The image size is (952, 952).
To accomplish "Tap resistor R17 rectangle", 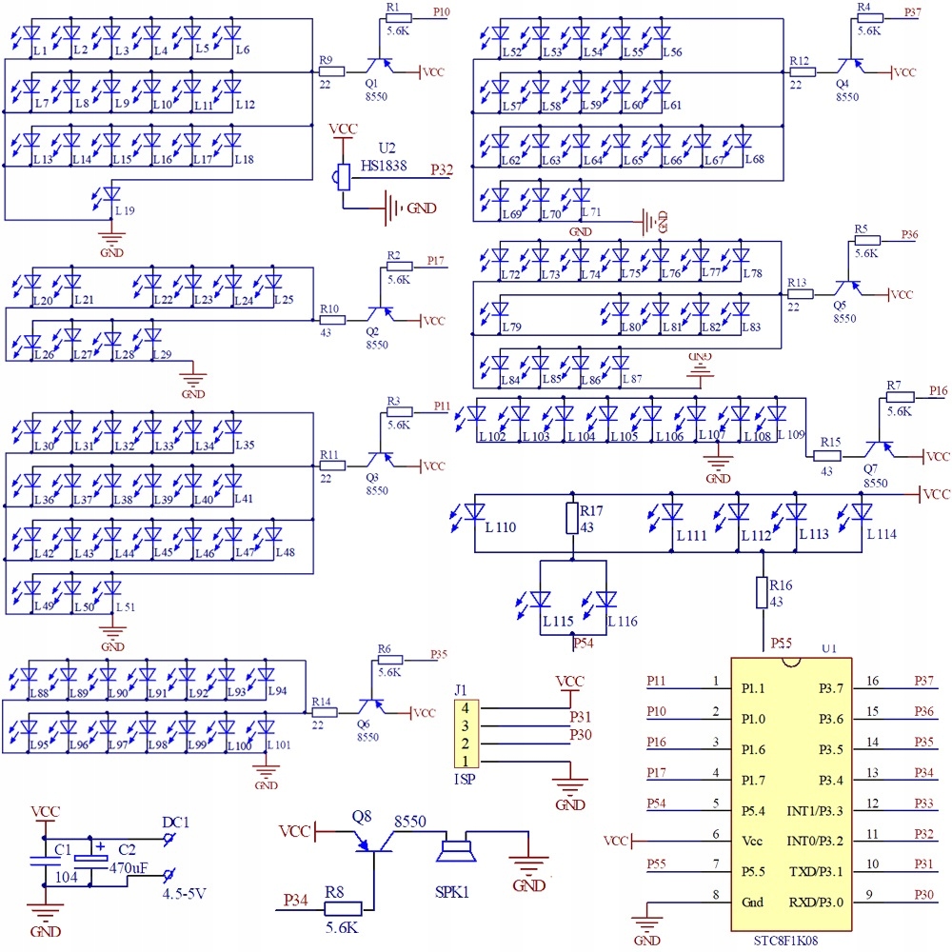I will [572, 519].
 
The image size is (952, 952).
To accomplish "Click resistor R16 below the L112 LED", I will [762, 593].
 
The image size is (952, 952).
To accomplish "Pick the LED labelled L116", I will [606, 600].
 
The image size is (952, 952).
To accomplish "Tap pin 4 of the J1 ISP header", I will [466, 708].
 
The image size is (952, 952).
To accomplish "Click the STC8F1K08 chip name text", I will [791, 940].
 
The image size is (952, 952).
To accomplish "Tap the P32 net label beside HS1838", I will [441, 170].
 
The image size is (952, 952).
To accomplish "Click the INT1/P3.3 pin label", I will [814, 809].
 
